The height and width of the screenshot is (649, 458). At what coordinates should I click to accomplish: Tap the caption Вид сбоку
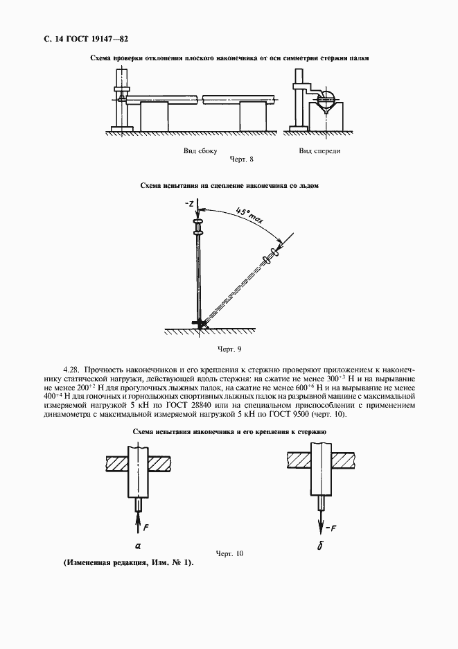tap(201, 150)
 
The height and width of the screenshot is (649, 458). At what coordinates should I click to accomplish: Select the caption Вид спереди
tap(319, 150)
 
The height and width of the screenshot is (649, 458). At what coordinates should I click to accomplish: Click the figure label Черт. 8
tap(242, 159)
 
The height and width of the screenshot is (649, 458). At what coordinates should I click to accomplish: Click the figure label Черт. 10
tap(229, 553)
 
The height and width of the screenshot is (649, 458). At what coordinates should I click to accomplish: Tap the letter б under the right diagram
tap(321, 546)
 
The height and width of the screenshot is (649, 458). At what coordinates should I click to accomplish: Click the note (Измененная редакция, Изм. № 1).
tap(127, 562)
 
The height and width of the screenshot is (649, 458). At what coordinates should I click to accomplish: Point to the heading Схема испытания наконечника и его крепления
tap(229, 432)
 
